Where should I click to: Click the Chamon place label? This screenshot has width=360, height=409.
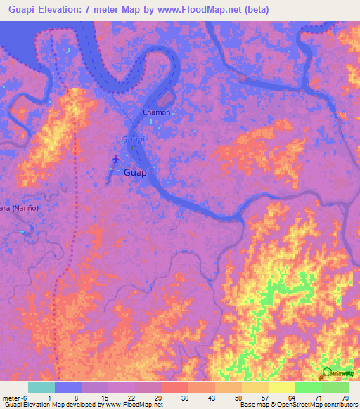[156, 112]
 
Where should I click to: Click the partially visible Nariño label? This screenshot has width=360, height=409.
[18, 208]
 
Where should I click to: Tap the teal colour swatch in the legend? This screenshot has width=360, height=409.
[41, 387]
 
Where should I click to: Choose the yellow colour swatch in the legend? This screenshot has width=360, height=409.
[281, 387]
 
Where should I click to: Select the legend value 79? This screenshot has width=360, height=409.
[344, 398]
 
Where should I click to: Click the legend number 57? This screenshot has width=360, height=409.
[255, 398]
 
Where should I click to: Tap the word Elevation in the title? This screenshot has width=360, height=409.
[67, 11]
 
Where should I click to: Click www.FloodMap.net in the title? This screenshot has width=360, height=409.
[209, 11]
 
